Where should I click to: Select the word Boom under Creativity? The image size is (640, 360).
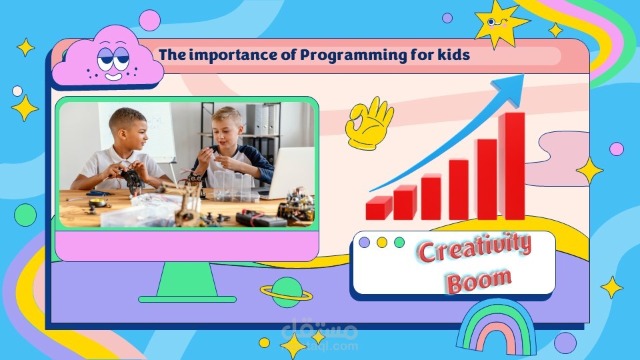point(479,281)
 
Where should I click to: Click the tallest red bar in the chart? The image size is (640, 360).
point(512,166)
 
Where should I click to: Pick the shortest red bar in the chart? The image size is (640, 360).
point(379,208)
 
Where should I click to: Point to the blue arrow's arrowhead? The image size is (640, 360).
point(511,88)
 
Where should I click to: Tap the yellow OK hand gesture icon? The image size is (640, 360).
point(369,123)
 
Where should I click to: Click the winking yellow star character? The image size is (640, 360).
point(500,24)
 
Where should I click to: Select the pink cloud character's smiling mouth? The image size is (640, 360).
point(113,76)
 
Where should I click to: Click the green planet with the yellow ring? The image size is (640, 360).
point(287,292)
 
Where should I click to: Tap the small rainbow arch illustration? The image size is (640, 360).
point(497,327)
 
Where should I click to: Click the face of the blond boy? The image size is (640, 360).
point(227,130)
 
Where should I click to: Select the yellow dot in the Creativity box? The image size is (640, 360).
point(381,243)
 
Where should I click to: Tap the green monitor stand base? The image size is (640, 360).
point(187,299)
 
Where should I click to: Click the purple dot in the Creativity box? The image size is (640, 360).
point(364,243)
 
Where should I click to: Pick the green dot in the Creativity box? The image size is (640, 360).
point(399,243)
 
